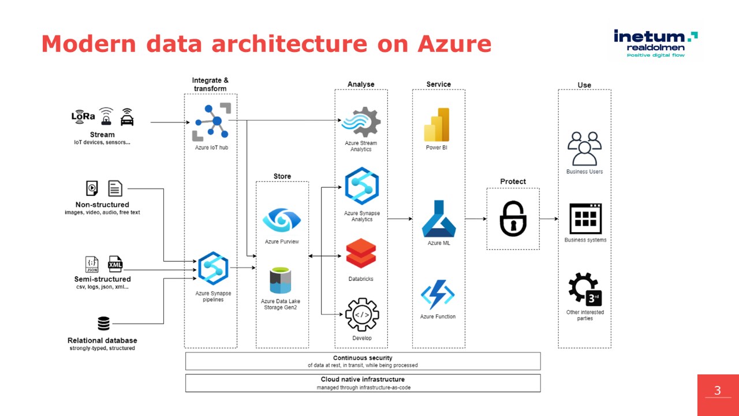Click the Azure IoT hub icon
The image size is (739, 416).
[211, 122]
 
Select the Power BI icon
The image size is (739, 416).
[436, 124]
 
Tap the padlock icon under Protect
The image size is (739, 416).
[513, 218]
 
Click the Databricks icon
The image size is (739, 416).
[361, 254]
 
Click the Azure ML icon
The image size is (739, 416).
[439, 219]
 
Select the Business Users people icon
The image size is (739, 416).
[584, 148]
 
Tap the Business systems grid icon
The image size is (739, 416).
[585, 218]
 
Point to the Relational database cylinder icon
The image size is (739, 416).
[103, 324]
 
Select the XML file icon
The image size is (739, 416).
[115, 264]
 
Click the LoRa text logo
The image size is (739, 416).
[83, 116]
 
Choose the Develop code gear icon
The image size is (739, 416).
[362, 315]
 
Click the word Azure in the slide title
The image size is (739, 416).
[454, 44]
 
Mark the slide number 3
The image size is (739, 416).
[718, 391]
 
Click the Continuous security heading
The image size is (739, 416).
[363, 358]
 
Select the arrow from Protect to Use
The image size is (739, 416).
[548, 219]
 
